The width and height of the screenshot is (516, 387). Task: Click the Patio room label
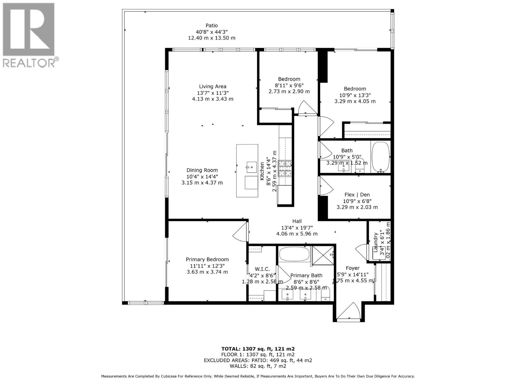[x=212, y=25]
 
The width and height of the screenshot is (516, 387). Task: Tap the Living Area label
[x=212, y=86]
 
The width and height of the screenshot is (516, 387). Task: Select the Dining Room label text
[x=202, y=170]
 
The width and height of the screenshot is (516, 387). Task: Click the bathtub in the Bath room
[x=381, y=157]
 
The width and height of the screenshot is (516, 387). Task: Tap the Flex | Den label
[x=357, y=195]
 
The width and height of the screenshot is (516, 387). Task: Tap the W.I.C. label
[x=262, y=269]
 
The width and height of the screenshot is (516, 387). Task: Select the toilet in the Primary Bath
[x=327, y=295]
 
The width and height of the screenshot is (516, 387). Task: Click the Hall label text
[x=297, y=221]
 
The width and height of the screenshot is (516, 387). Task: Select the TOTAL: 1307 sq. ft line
[x=258, y=349]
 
